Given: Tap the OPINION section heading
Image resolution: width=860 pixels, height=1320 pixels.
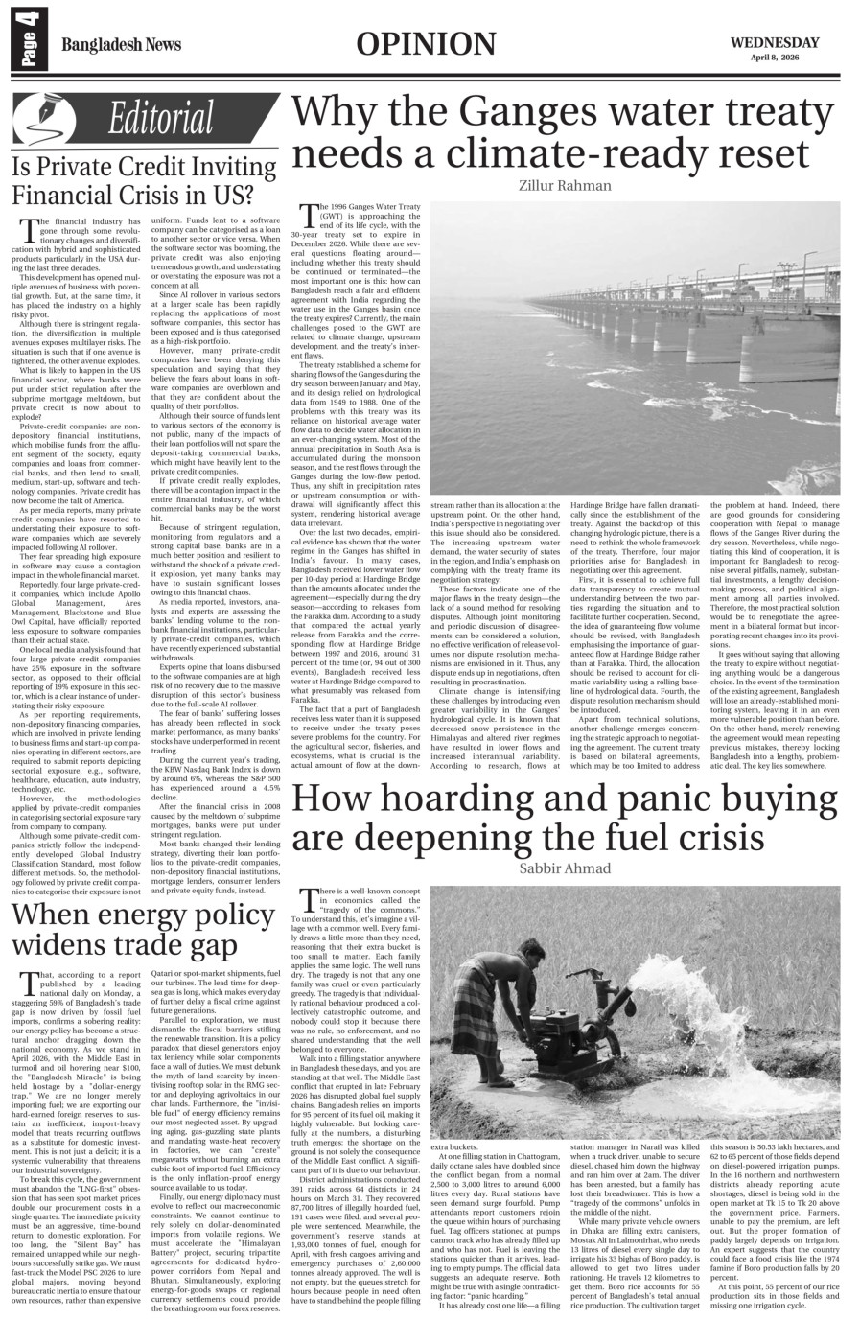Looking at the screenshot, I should (427, 44).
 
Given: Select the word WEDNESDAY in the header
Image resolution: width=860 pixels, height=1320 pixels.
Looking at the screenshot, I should (775, 42).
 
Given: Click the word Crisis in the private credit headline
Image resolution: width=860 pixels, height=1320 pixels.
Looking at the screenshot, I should (150, 195).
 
